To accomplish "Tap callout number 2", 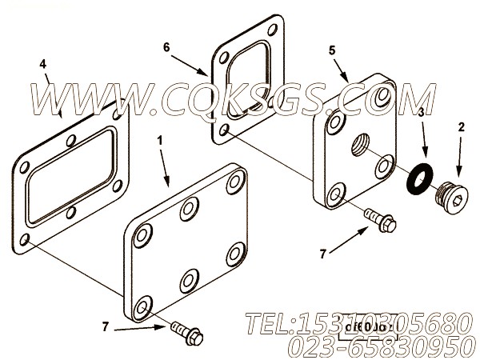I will pos(462,126).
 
